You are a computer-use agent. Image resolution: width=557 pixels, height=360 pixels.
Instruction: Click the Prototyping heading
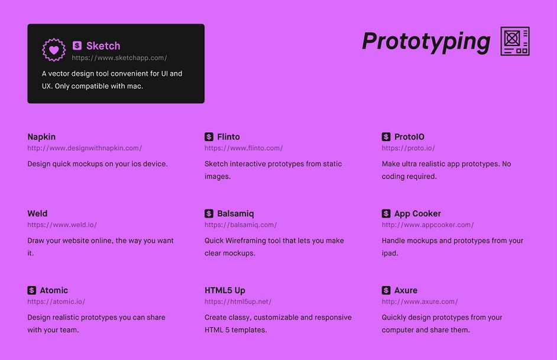pos(426,42)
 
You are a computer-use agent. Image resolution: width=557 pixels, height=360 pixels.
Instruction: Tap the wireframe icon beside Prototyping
pos(515,41)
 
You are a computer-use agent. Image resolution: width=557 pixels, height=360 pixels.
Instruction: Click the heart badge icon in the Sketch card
pos(54,50)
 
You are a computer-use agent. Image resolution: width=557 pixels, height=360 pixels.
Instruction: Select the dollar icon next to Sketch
pos(77,46)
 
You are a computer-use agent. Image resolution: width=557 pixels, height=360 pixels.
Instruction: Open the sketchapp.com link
pos(119,58)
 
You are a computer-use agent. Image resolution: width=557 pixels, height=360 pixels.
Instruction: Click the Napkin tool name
pos(41,137)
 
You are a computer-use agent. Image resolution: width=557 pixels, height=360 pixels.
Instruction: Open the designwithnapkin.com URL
pos(85,148)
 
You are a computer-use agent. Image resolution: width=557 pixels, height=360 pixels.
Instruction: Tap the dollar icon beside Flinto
pos(209,137)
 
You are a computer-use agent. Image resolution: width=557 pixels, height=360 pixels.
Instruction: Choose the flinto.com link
pos(244,148)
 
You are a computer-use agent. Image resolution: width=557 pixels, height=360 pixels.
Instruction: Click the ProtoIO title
pos(409,137)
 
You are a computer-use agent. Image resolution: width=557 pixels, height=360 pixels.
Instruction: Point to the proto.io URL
pos(408,148)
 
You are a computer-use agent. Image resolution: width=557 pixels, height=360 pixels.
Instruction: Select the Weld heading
pos(37,213)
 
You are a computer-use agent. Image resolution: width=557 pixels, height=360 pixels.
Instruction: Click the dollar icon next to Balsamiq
pos(209,213)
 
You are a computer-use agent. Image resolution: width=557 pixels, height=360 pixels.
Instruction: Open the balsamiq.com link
pos(241,225)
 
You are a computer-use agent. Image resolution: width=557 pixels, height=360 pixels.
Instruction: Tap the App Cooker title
pos(417,213)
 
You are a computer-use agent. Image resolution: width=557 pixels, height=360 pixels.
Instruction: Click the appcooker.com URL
pos(428,225)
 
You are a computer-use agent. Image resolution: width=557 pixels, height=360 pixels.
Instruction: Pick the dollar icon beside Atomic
pos(31,290)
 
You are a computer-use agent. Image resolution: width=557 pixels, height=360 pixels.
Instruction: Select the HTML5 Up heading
pos(225,290)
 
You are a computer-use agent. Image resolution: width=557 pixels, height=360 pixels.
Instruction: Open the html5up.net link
pos(238,301)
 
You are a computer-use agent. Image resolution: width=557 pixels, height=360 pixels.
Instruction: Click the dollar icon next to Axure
pos(386,290)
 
